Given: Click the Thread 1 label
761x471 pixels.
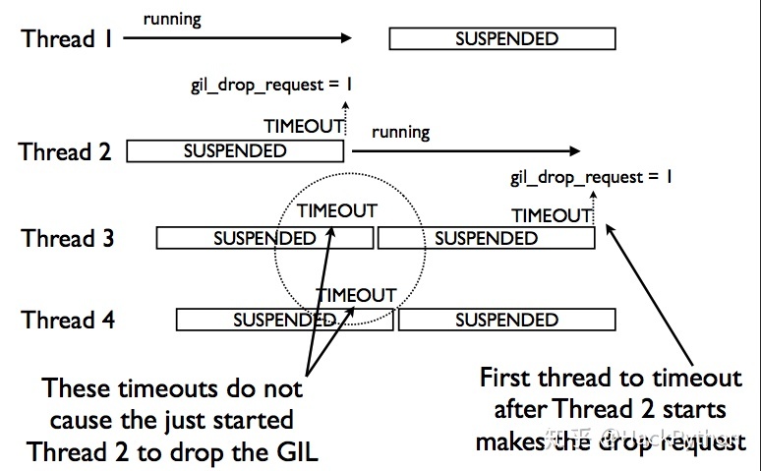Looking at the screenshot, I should click(x=65, y=39).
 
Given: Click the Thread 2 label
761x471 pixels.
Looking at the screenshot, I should click(x=65, y=152).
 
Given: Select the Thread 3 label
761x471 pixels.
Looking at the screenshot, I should click(x=68, y=238).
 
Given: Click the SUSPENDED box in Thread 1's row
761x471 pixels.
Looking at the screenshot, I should click(x=501, y=39).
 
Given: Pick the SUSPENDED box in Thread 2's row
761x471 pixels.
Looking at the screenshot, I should click(x=235, y=151).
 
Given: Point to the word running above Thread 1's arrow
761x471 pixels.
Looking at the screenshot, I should click(x=173, y=19).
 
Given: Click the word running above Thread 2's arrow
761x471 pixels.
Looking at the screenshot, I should click(x=400, y=132).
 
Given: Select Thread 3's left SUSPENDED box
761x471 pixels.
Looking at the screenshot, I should click(x=264, y=238).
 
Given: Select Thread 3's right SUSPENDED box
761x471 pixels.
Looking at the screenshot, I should click(x=486, y=238).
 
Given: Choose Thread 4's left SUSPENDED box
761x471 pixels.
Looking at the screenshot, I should click(x=285, y=320).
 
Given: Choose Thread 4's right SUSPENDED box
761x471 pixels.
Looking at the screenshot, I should click(x=506, y=320).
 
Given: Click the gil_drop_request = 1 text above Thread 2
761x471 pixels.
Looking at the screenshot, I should click(x=271, y=85).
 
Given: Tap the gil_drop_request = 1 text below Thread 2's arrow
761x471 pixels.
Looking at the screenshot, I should click(x=592, y=178).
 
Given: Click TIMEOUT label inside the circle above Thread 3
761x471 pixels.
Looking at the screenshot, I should click(x=337, y=210).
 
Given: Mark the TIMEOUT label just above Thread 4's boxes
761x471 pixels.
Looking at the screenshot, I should click(x=356, y=295).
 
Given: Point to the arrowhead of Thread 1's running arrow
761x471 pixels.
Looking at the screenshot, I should click(x=346, y=38).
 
